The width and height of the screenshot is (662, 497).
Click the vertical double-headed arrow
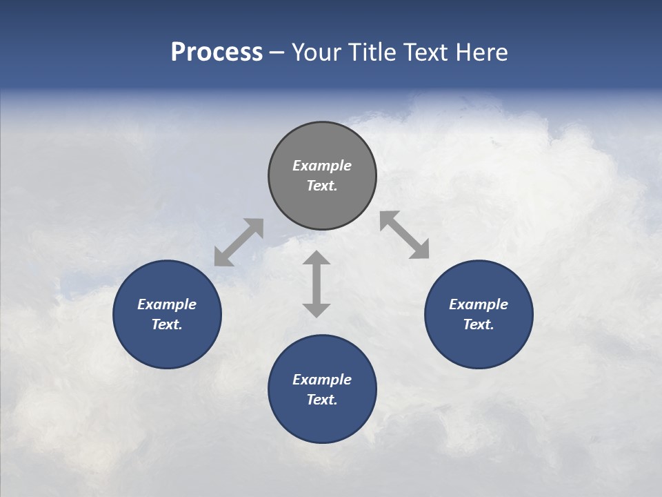click(x=317, y=284)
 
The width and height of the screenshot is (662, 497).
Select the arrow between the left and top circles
click(x=239, y=242)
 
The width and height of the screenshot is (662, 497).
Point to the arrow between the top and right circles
click(x=404, y=235)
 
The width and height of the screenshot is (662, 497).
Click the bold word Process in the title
click(x=217, y=52)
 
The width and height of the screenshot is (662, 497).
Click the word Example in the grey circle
click(x=322, y=166)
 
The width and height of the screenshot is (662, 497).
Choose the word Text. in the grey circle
click(x=322, y=186)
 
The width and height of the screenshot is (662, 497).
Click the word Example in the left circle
click(x=167, y=304)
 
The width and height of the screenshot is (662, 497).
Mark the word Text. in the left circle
click(x=167, y=324)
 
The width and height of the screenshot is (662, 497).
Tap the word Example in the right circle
click(x=479, y=304)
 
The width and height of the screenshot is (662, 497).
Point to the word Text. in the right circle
click(x=479, y=324)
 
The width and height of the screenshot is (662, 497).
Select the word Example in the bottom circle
click(x=322, y=380)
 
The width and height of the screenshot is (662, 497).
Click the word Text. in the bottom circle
click(x=322, y=400)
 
